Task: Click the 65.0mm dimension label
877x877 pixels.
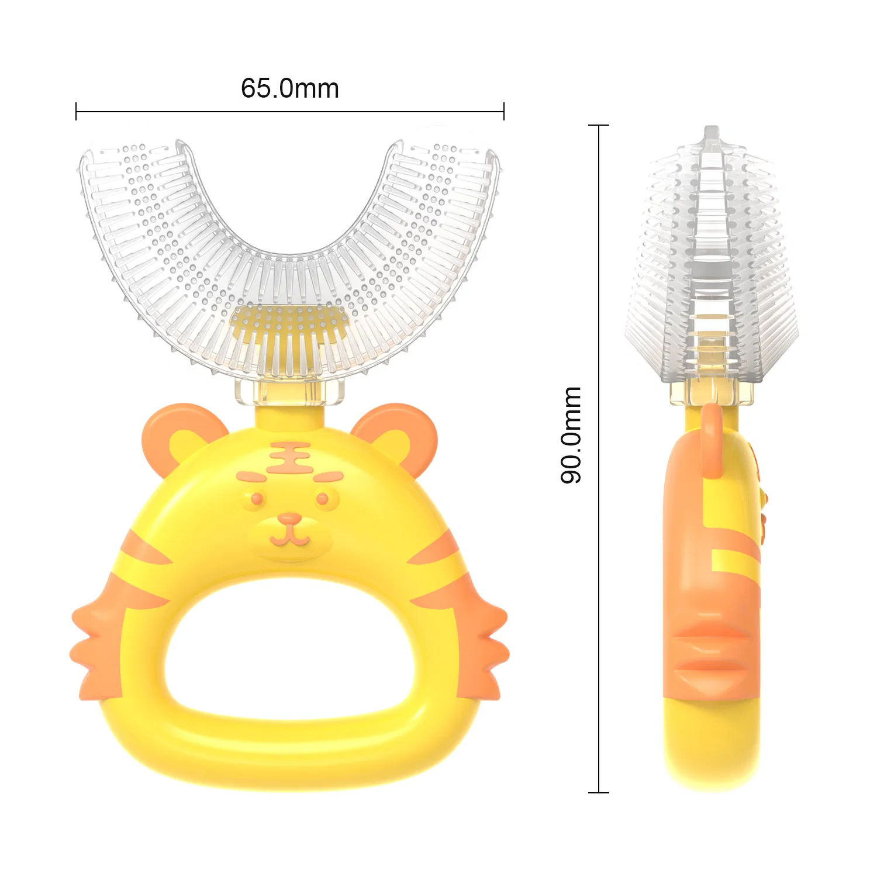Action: (x=290, y=89)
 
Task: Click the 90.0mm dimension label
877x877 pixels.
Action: (x=571, y=435)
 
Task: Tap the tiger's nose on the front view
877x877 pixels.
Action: (x=289, y=519)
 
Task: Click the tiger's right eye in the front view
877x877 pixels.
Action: (x=322, y=499)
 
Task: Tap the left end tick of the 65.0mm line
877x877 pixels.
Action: (x=76, y=111)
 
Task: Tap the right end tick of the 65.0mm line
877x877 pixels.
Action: (x=504, y=111)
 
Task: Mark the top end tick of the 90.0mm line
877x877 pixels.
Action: (x=599, y=125)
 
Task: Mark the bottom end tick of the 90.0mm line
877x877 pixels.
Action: (x=599, y=792)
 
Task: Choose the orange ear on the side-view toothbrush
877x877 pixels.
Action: (x=712, y=438)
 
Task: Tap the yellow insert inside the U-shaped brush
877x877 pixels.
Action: (x=289, y=327)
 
